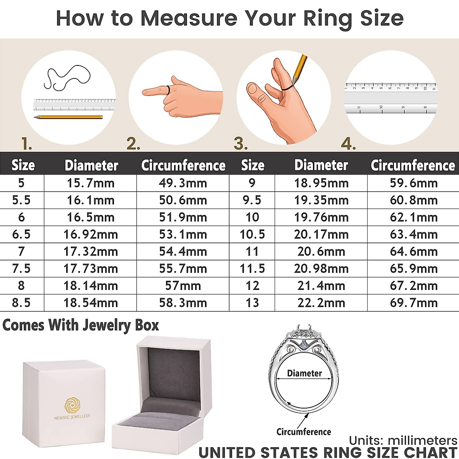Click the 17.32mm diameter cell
[x=91, y=251]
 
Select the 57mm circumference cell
[x=183, y=286]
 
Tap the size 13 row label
[x=252, y=303]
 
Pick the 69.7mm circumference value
[x=413, y=303]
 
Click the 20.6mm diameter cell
[x=321, y=251]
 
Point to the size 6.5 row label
[x=21, y=234]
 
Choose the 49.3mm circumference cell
[x=183, y=183]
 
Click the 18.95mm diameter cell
[x=321, y=183]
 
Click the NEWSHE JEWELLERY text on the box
[x=72, y=417]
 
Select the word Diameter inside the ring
[x=304, y=373]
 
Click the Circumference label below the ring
[x=304, y=432]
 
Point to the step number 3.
[x=241, y=144]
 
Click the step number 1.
[x=26, y=144]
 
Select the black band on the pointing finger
[x=168, y=90]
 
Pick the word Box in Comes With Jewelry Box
[x=147, y=325]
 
